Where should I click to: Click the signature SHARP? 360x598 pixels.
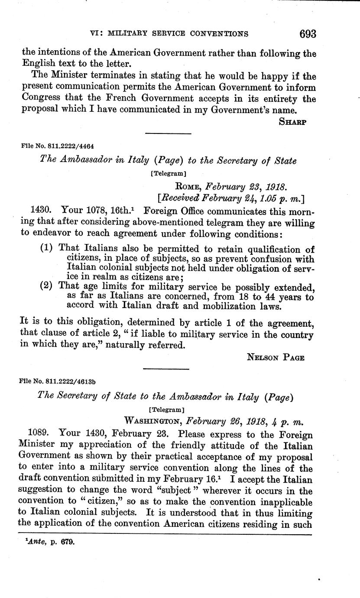pos(292,122)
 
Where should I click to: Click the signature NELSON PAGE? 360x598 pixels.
pos(276,357)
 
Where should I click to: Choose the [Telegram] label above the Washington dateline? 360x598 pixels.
pos(166,409)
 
